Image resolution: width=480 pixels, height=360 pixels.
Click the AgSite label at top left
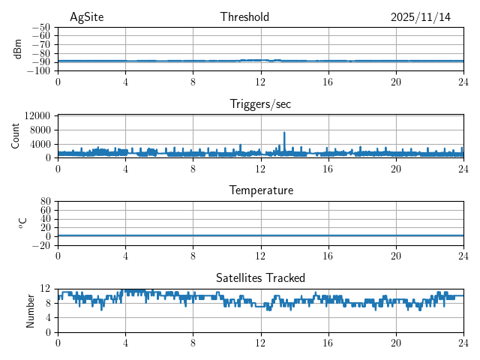coord(86,17)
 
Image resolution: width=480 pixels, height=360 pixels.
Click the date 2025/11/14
coord(421,17)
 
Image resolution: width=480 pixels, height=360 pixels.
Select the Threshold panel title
coord(245,17)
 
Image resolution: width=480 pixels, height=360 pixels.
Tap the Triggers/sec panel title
coord(260,104)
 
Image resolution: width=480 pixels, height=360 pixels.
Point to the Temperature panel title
coord(260,191)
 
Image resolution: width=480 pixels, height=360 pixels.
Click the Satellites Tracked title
coord(260,278)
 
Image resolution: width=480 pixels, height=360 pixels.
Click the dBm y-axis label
coord(18,49)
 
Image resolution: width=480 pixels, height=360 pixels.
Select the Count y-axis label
coord(15,136)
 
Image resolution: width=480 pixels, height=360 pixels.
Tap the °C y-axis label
coord(22,223)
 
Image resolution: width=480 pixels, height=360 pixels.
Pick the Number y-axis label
coord(30,310)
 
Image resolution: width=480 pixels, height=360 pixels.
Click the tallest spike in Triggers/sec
coord(284,133)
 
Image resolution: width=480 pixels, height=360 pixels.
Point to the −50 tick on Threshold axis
coord(40,27)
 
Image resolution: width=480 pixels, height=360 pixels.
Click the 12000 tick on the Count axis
coord(37,115)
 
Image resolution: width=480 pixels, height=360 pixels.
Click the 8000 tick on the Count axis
coord(40,130)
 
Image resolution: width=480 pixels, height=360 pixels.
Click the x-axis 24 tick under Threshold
coord(463,81)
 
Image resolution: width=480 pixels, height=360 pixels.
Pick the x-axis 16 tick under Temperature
coord(328,255)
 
